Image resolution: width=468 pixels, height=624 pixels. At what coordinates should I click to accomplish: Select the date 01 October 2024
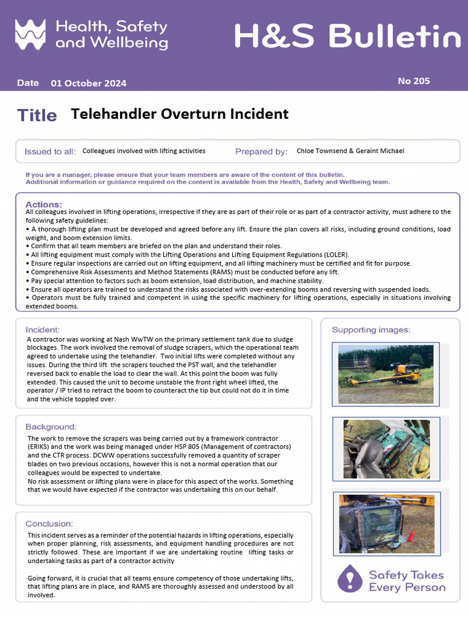tap(88, 83)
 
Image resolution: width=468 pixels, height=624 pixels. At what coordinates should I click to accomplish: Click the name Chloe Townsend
tap(321, 151)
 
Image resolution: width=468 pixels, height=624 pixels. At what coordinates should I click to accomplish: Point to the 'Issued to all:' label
tap(50, 151)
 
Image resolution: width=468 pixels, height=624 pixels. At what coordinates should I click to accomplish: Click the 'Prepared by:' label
tap(261, 151)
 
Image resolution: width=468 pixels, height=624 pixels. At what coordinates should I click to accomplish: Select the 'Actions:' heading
tap(43, 204)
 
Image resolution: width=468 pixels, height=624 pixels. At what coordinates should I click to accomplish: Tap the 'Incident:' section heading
tap(43, 330)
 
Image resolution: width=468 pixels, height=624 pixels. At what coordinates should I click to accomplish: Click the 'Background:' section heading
tap(51, 427)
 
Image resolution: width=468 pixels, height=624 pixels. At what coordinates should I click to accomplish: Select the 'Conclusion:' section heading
tap(49, 523)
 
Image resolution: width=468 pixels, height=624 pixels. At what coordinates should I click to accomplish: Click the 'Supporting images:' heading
tap(370, 330)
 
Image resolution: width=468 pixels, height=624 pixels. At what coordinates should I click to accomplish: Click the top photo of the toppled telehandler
tap(386, 374)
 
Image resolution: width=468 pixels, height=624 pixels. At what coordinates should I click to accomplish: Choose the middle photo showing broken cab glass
tap(386, 448)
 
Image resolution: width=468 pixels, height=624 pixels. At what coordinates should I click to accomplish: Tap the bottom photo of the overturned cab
tap(386, 523)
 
